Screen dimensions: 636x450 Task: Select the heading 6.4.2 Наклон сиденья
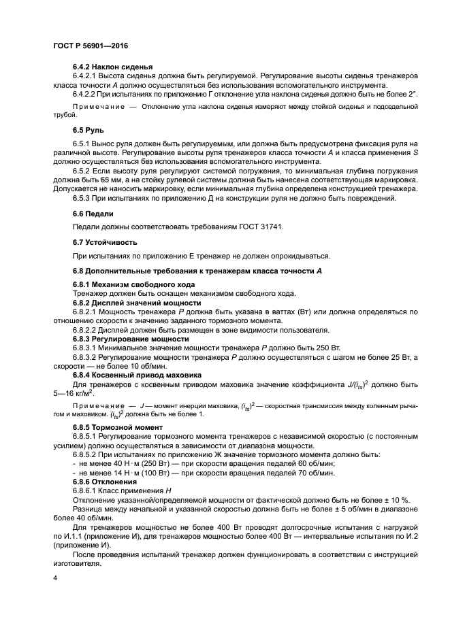112,67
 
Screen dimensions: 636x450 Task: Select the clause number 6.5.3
82,197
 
